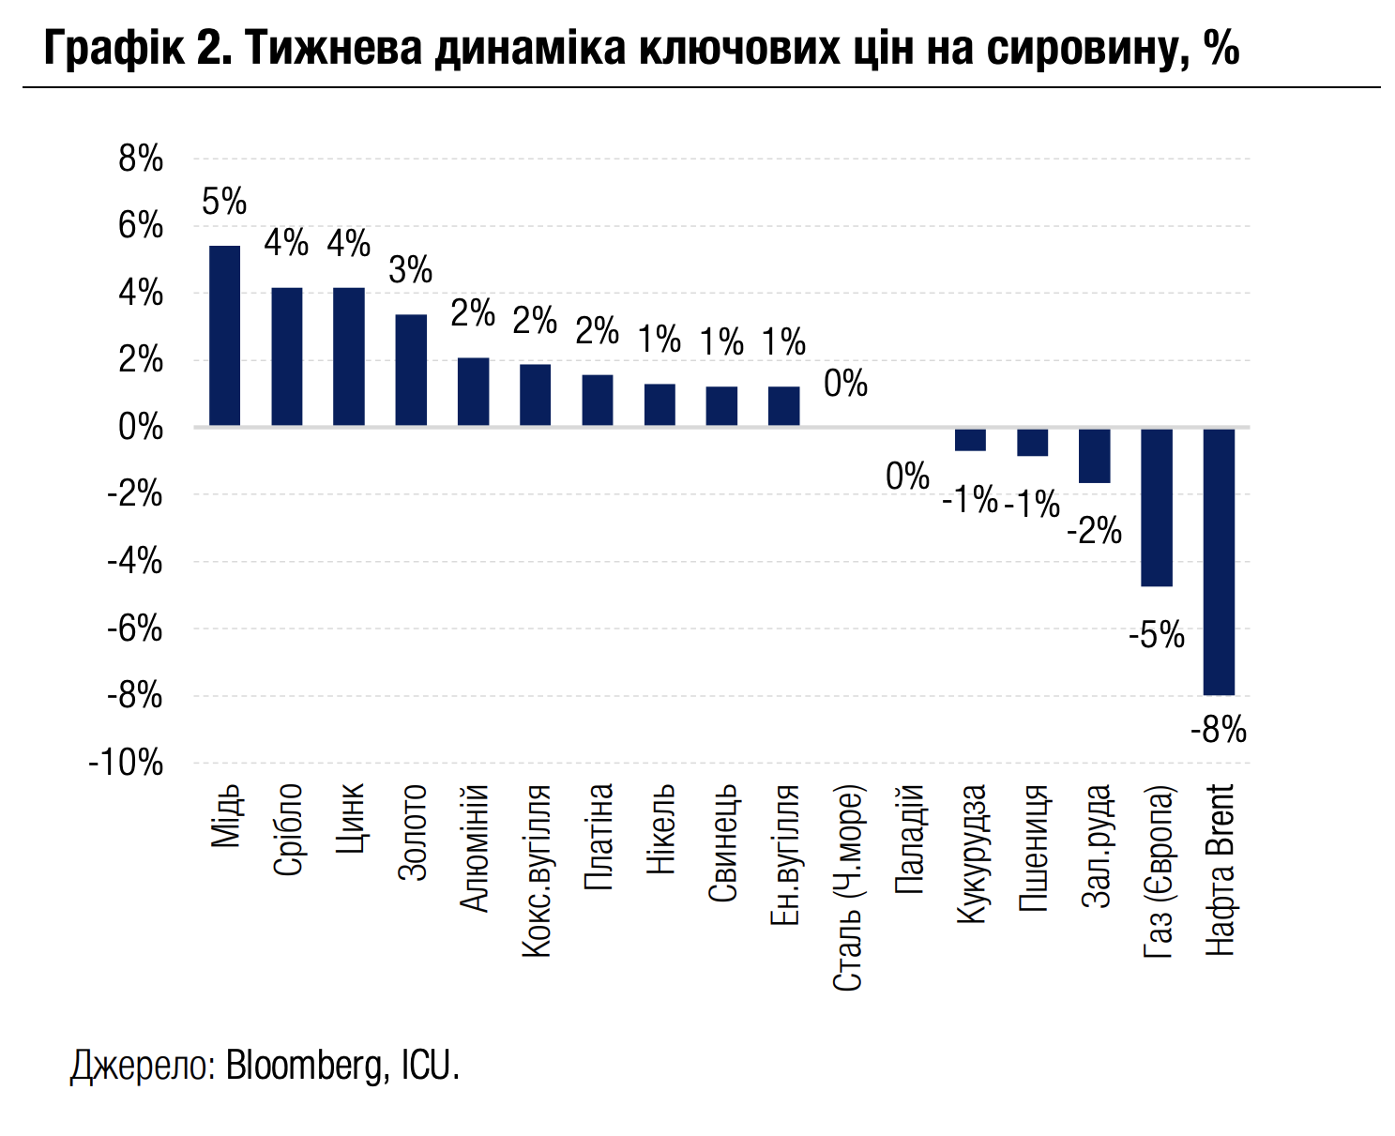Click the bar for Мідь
[224, 336]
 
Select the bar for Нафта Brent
[1219, 561]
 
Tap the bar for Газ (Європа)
[1157, 507]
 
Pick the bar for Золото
[411, 371]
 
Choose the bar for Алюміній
[473, 392]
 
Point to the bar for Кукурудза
[970, 439]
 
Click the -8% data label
[1219, 730]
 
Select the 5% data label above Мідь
[224, 202]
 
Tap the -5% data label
[1157, 636]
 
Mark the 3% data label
[411, 271]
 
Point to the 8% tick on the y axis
[141, 159]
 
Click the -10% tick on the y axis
[126, 764]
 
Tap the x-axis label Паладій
[910, 840]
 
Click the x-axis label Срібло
[288, 829]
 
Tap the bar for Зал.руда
[1095, 456]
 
